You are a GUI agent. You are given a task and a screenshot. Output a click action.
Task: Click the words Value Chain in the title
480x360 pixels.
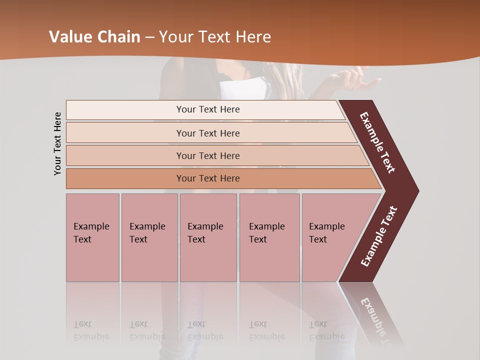pyautogui.click(x=94, y=37)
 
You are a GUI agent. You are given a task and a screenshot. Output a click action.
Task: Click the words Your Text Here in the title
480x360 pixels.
pyautogui.click(x=215, y=37)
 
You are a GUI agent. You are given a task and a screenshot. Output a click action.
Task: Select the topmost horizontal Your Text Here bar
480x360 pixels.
pyautogui.click(x=208, y=109)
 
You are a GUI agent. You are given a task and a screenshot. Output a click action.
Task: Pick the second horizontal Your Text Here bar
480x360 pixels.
pyautogui.click(x=208, y=133)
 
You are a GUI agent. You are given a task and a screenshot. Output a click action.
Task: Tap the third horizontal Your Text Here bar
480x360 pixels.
pyautogui.click(x=208, y=155)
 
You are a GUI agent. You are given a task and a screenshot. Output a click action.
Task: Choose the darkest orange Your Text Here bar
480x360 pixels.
pyautogui.click(x=208, y=178)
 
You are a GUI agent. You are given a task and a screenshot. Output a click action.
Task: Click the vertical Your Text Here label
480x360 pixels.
pyautogui.click(x=57, y=143)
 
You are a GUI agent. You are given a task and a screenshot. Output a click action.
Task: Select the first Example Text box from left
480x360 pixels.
pyautogui.click(x=92, y=237)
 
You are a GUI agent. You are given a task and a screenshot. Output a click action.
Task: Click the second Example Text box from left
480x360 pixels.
pyautogui.click(x=149, y=237)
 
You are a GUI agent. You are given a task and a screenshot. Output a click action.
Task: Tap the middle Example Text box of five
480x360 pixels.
pyautogui.click(x=208, y=237)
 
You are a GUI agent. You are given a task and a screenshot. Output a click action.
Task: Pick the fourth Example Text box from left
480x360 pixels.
pyautogui.click(x=269, y=237)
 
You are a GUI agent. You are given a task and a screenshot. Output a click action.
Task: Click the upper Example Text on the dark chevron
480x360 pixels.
pyautogui.click(x=377, y=142)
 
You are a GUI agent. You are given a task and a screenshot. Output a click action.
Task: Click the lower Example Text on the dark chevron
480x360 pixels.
pyautogui.click(x=378, y=236)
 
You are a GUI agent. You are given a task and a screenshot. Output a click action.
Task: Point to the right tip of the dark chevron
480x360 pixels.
pyautogui.click(x=417, y=191)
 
